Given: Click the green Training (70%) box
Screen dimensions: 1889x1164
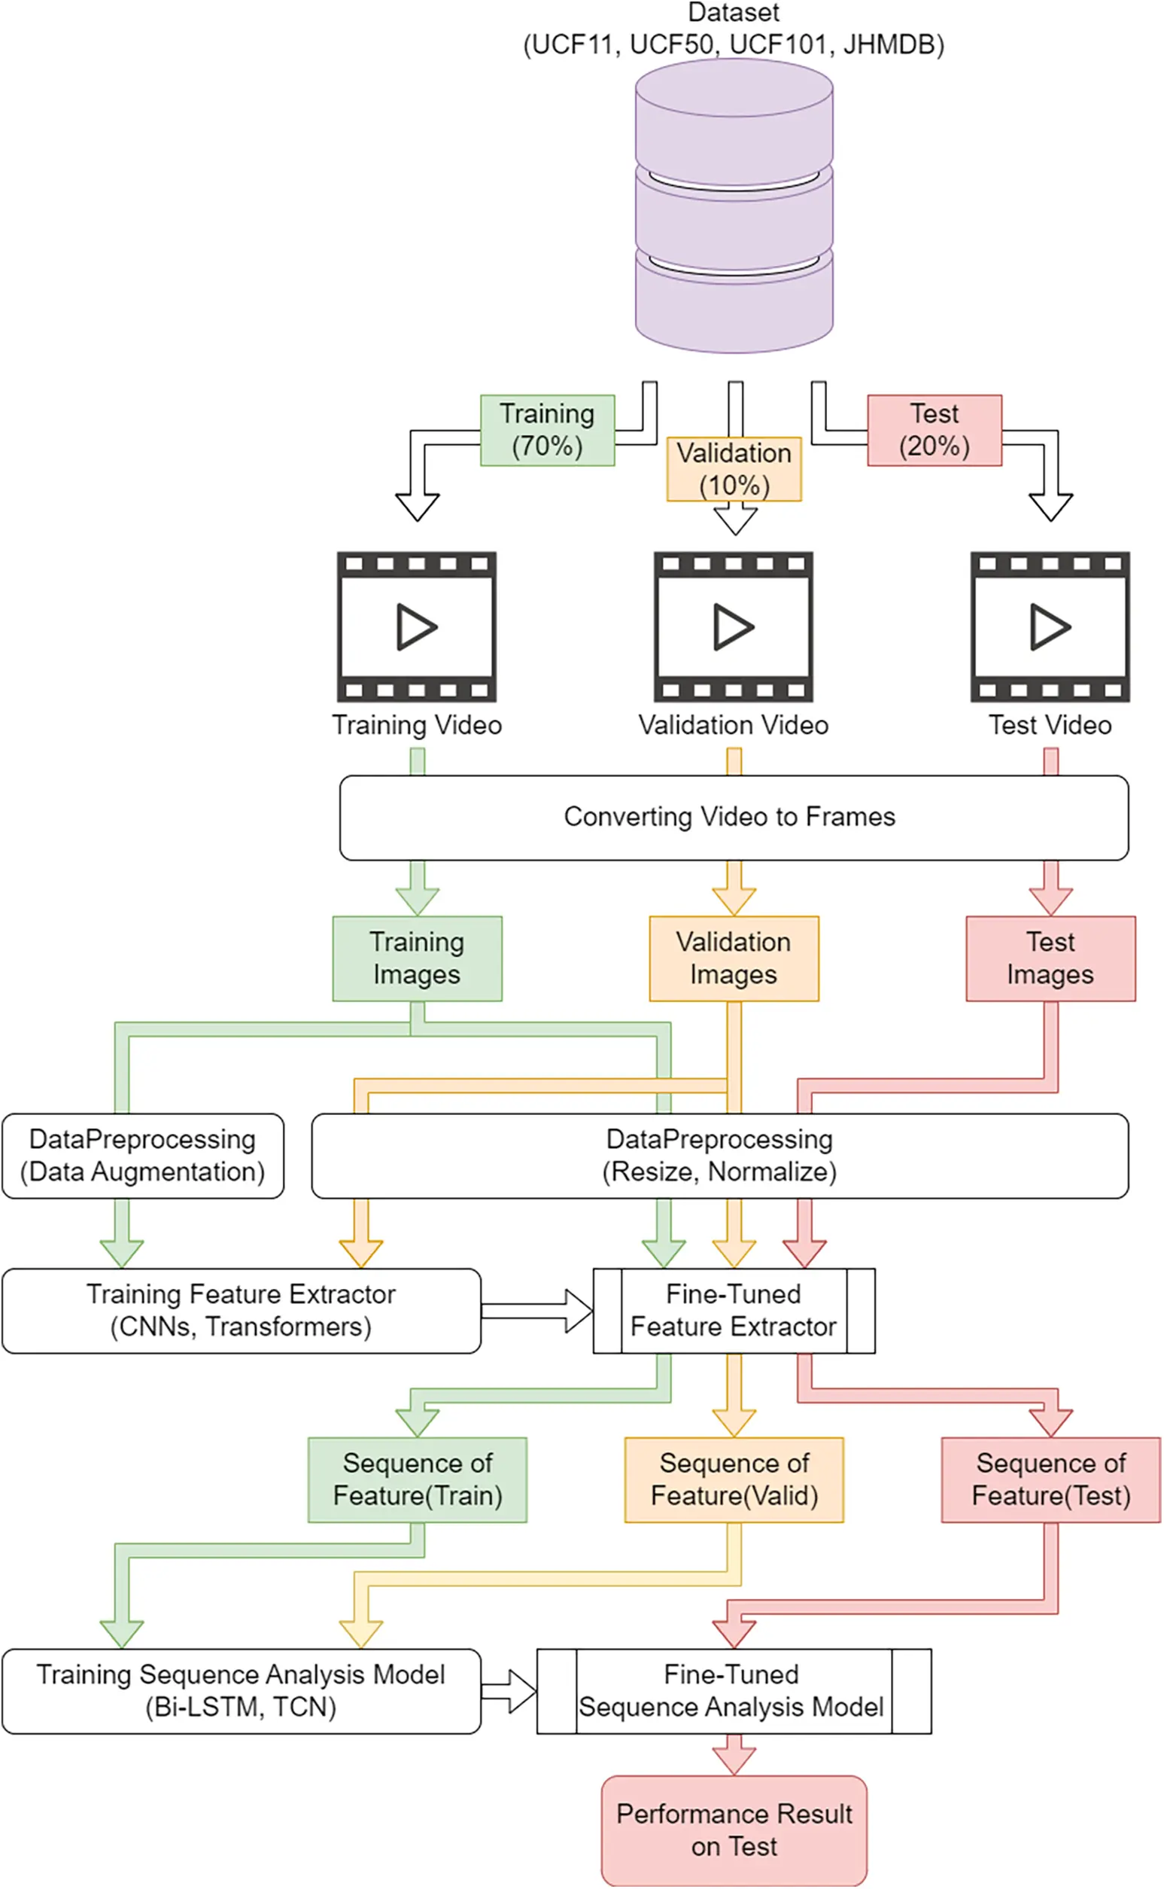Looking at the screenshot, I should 547,431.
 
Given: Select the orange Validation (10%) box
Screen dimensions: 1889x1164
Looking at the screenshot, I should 734,469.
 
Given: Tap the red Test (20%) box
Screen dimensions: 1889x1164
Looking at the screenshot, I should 935,431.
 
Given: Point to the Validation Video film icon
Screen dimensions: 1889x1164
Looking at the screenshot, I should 734,627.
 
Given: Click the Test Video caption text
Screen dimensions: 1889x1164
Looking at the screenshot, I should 1050,726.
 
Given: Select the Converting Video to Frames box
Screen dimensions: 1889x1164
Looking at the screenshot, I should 734,817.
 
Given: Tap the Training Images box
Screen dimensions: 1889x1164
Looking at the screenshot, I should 418,958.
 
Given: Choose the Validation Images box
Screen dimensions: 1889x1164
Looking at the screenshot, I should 734,958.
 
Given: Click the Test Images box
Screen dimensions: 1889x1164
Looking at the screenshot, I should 1051,958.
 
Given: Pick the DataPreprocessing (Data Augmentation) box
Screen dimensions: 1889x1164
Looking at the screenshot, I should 142,1156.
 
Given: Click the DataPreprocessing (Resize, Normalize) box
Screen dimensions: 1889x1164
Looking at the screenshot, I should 720,1156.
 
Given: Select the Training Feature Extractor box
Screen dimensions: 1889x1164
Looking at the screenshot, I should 241,1311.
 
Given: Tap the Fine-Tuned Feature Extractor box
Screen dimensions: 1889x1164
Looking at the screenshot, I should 734,1311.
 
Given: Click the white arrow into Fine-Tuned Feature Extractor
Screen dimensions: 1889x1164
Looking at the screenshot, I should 536,1311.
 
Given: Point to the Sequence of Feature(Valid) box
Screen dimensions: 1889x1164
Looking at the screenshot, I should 734,1480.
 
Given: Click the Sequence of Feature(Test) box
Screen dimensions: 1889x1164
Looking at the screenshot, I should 1051,1480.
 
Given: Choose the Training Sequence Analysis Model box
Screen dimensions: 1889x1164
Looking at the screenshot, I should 241,1692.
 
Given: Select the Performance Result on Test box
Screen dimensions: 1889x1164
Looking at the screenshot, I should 734,1830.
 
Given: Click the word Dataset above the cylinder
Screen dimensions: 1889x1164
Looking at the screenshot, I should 734,12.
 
